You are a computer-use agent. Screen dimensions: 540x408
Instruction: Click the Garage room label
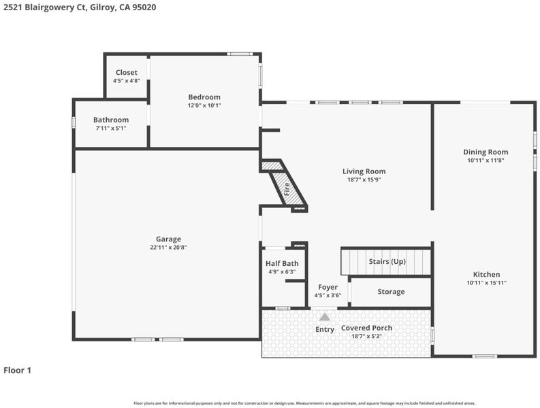168,239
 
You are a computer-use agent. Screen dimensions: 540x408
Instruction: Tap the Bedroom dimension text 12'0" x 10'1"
204,105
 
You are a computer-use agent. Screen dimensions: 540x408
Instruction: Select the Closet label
127,72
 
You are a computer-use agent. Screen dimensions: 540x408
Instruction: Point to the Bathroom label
111,120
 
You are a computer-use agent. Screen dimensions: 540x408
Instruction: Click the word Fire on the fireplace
287,189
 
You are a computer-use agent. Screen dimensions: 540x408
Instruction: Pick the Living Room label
364,171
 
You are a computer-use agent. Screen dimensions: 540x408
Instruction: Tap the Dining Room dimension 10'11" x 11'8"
486,160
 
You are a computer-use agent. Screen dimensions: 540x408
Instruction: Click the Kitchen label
486,275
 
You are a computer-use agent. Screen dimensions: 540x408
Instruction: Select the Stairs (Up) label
387,261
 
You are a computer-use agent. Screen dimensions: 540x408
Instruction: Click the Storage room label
391,292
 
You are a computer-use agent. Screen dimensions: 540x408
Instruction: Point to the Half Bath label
282,264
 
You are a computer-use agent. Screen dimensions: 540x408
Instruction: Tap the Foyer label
328,287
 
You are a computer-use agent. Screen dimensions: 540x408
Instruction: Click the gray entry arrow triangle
324,317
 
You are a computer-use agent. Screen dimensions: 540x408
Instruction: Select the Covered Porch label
366,328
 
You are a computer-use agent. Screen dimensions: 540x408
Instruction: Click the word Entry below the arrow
325,330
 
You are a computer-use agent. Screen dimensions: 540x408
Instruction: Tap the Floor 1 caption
17,371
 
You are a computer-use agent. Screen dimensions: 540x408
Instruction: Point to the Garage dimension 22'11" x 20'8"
168,248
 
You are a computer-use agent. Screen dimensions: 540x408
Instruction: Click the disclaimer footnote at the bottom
304,403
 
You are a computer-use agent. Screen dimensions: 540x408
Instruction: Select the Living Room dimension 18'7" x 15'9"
364,180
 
